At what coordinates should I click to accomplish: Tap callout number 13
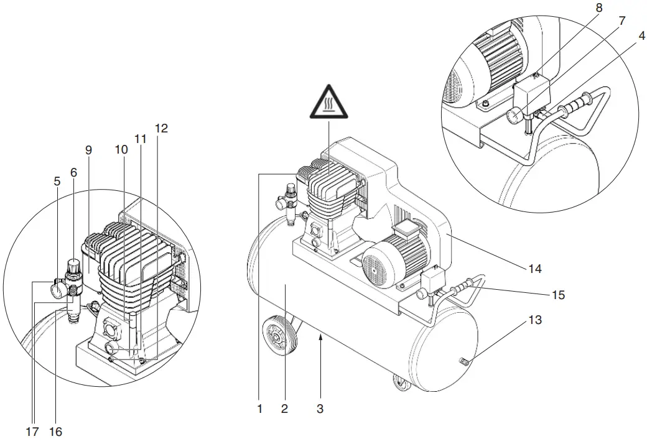click(x=534, y=320)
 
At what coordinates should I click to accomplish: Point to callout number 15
click(x=558, y=294)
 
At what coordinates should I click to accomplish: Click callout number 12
click(x=161, y=129)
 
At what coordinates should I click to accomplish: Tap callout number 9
click(x=88, y=150)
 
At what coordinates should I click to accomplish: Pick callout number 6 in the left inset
click(x=73, y=172)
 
